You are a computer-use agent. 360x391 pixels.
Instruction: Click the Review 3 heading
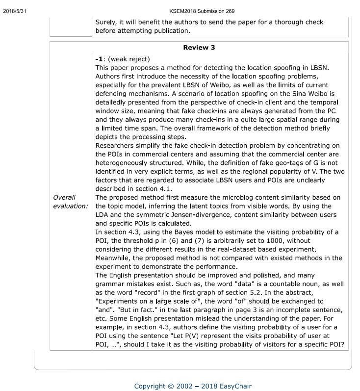[x=199, y=48]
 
